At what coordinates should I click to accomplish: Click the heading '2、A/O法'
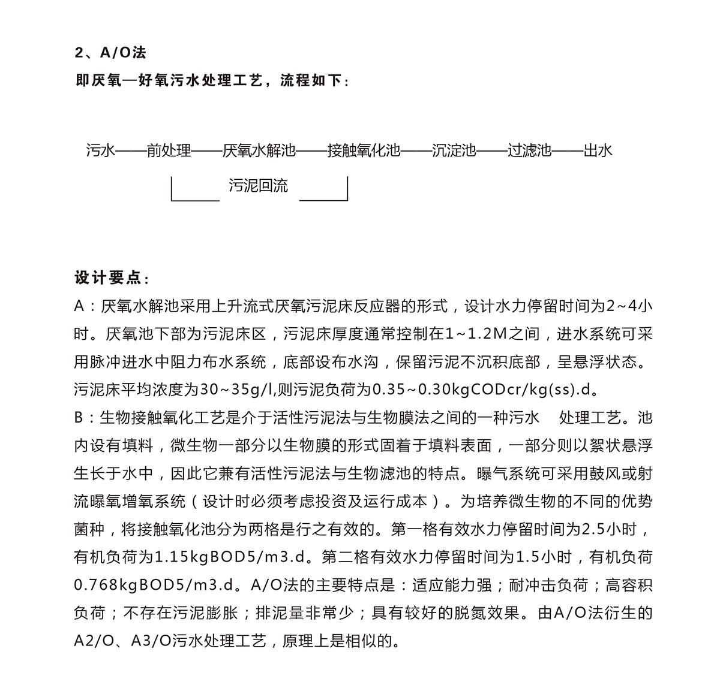110,53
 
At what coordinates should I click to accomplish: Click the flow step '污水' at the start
100,150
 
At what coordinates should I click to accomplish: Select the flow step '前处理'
169,150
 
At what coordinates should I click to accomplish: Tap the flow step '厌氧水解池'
259,150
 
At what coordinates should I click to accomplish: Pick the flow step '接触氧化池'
364,150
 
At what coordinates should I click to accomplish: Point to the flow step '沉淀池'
454,150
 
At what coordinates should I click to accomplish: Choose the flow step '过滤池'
529,150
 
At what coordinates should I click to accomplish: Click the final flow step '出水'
598,150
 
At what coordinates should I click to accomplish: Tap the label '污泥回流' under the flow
258,186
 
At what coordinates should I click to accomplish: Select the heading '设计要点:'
112,278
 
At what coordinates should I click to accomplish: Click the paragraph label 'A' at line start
80,306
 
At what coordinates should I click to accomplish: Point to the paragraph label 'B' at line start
79,417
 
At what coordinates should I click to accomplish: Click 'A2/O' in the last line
89,640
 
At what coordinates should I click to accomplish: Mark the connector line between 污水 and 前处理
130,150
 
